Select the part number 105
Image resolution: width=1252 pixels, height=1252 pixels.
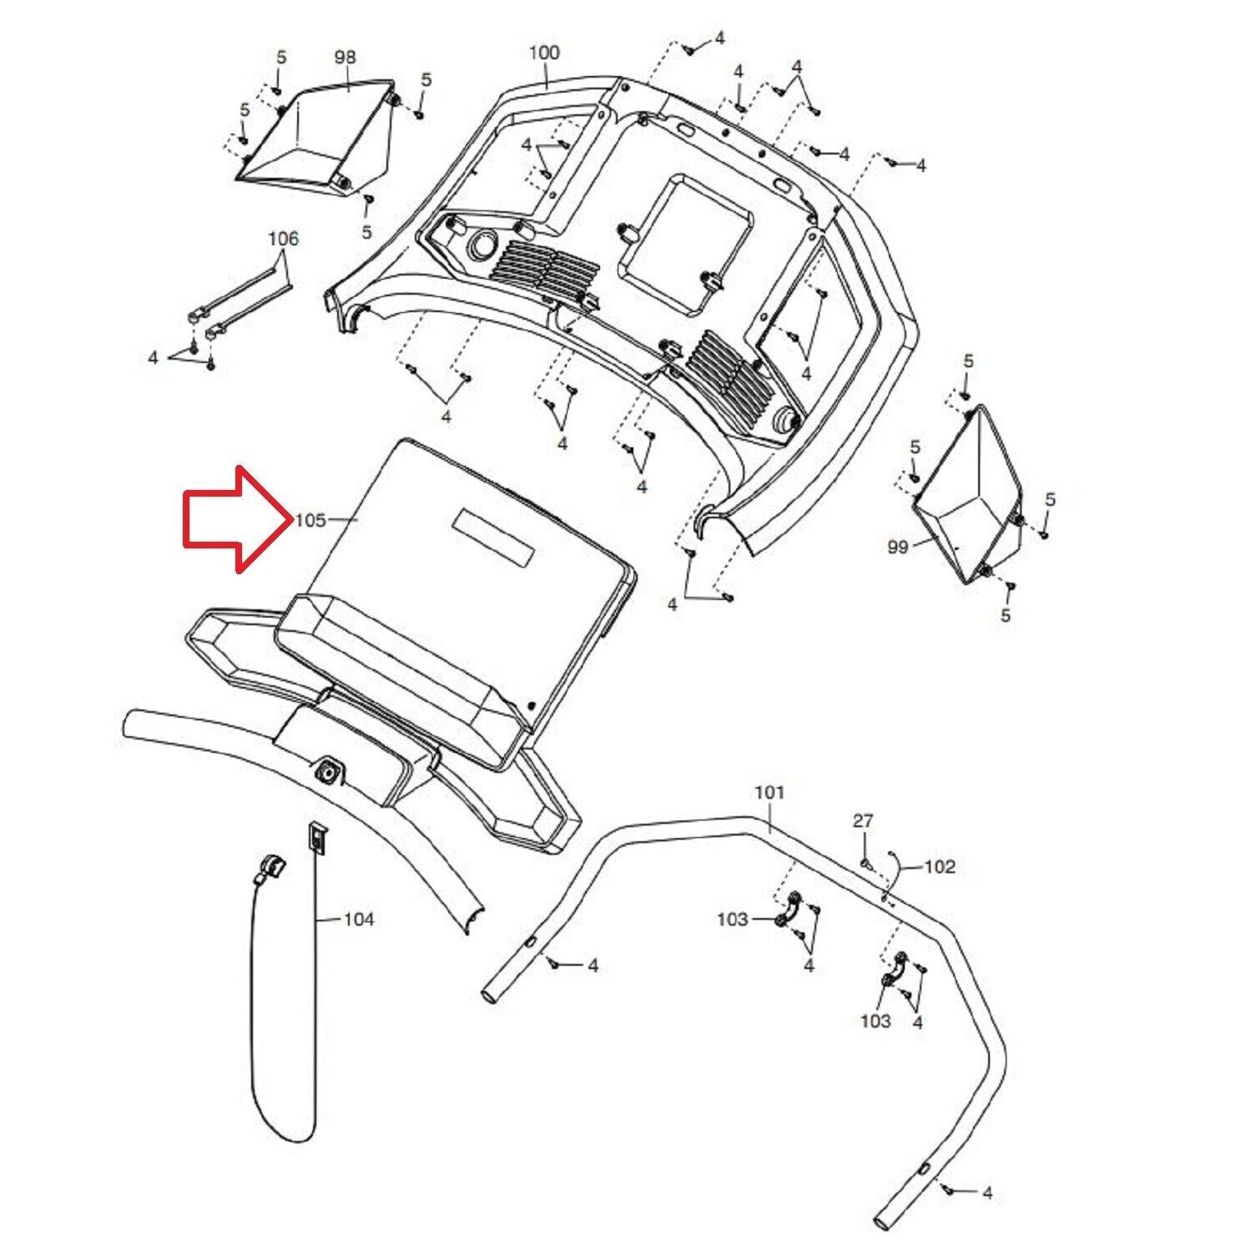click(x=310, y=520)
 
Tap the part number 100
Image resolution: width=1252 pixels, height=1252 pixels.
click(x=544, y=53)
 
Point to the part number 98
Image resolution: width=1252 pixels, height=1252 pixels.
click(x=345, y=57)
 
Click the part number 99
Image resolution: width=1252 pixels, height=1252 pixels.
click(x=897, y=547)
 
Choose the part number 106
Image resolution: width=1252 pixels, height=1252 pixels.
click(x=283, y=239)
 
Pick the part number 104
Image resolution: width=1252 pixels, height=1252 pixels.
click(x=359, y=920)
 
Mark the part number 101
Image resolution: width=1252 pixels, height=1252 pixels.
click(x=770, y=791)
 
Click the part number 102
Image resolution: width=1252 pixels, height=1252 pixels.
click(x=940, y=866)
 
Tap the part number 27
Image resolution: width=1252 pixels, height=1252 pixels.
click(x=862, y=821)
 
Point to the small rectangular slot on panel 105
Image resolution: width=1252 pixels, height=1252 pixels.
click(x=493, y=536)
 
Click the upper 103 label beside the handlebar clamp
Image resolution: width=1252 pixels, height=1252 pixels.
click(x=732, y=920)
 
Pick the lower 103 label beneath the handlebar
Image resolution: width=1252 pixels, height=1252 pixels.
click(x=876, y=1021)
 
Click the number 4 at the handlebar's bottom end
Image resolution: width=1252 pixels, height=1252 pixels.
click(x=987, y=1194)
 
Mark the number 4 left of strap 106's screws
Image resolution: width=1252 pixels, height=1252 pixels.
click(x=153, y=357)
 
